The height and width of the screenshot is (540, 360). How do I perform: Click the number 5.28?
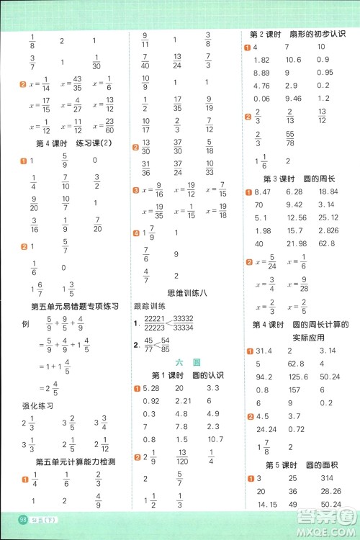tap(150, 390)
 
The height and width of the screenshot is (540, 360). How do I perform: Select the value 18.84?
tap(326, 192)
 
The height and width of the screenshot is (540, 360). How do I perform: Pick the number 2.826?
tap(326, 231)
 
